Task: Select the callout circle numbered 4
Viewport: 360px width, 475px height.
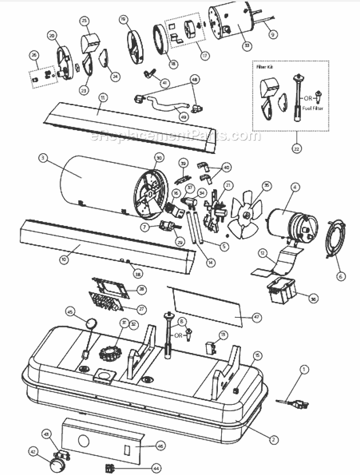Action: (x=295, y=188)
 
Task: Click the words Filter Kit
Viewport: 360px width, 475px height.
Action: (x=264, y=67)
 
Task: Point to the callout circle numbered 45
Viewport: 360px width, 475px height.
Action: (x=70, y=311)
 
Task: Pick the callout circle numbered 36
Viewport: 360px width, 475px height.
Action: (x=313, y=298)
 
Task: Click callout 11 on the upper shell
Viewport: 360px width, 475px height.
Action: (x=102, y=98)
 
